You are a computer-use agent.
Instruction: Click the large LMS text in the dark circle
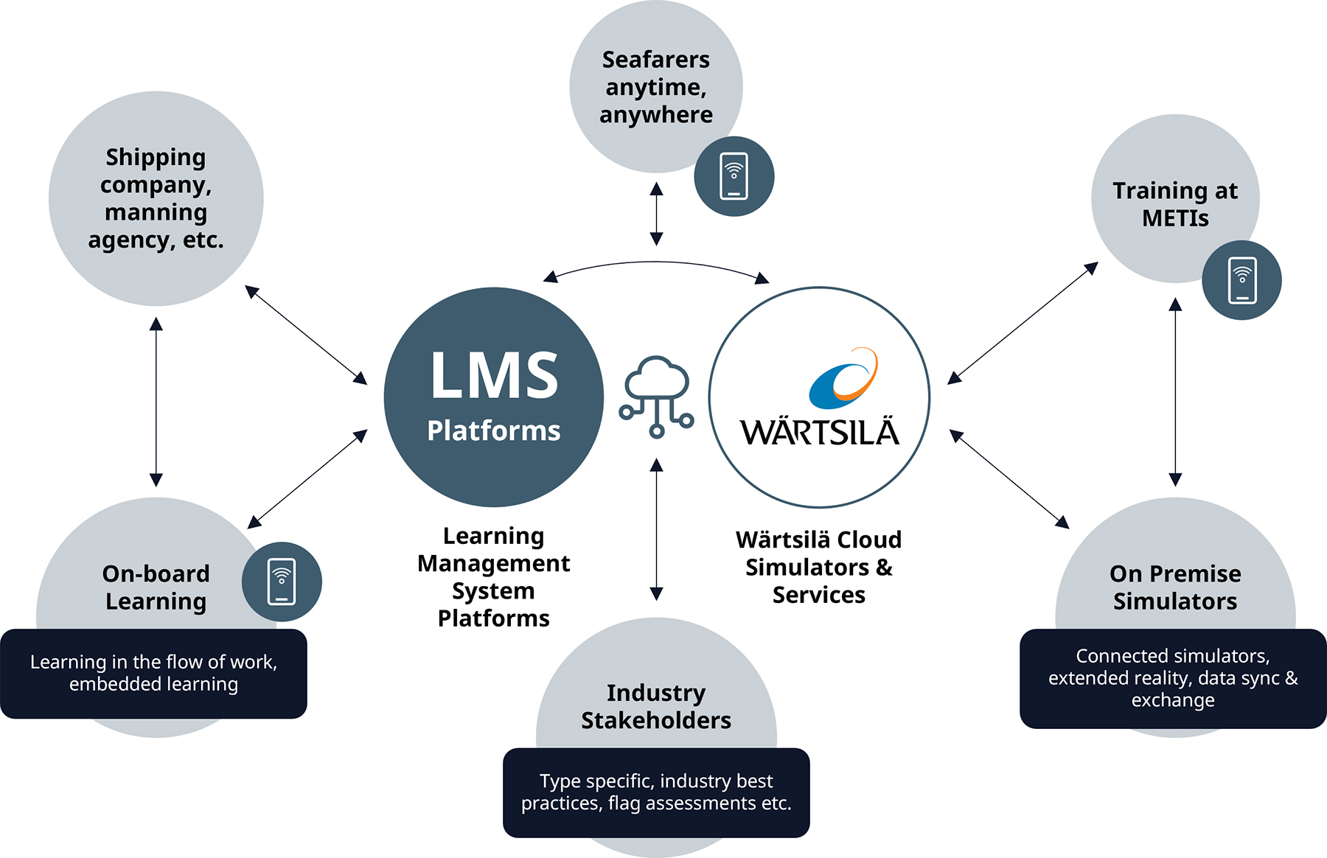[494, 377]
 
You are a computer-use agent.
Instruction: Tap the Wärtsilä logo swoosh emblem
[844, 379]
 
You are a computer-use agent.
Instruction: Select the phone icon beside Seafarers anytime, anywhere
[734, 176]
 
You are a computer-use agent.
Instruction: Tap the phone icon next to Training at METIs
[1241, 280]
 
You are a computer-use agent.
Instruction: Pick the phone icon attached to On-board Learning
[282, 582]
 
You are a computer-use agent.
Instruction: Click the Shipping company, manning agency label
[156, 198]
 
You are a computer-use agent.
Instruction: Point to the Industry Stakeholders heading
[655, 706]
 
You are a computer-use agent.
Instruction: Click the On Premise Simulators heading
[1175, 587]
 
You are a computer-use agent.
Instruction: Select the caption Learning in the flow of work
[153, 673]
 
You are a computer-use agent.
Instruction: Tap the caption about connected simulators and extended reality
[1173, 678]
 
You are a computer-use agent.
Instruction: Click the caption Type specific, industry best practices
[656, 792]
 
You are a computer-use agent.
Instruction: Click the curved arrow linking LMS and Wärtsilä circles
[656, 263]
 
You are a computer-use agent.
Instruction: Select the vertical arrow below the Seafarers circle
[656, 214]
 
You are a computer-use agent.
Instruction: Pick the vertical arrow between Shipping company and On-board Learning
[156, 402]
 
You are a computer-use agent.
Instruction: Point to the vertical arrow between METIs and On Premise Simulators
[1175, 391]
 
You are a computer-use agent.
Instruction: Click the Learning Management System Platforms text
[493, 576]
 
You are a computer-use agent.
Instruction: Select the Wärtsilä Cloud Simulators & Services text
[818, 567]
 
